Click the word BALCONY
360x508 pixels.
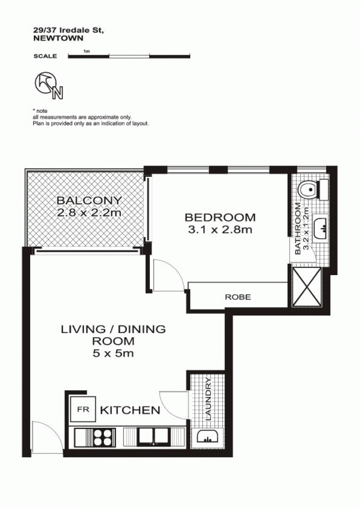[89, 200]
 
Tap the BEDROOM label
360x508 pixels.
[220, 217]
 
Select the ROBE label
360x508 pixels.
[238, 297]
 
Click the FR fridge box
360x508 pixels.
[83, 409]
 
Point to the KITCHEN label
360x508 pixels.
[130, 410]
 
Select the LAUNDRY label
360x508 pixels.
[208, 400]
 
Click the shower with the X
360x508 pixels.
[306, 287]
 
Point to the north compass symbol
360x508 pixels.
[49, 85]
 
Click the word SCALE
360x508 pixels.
[45, 56]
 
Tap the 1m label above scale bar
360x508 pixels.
[86, 51]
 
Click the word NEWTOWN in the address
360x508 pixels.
[58, 38]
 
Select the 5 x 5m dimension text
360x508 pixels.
[113, 353]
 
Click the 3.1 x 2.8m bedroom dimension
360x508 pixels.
[220, 230]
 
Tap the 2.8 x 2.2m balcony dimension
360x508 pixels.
[89, 213]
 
